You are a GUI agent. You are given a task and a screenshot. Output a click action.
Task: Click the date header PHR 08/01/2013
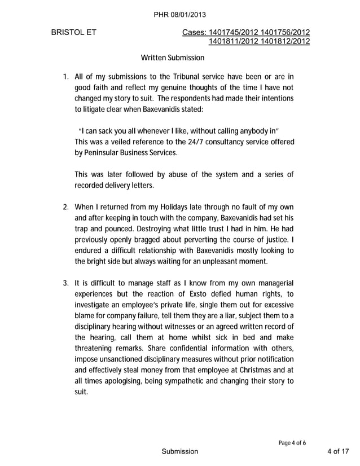[179, 14]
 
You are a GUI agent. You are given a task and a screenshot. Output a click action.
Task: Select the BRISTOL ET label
[73, 32]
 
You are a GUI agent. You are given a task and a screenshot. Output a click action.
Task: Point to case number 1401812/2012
[285, 41]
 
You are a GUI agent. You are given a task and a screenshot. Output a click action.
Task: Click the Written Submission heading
[172, 58]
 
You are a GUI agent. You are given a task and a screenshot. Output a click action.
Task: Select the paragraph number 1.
[65, 76]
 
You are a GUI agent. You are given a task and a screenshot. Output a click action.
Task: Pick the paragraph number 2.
[65, 206]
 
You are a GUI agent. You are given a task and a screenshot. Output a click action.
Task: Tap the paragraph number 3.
[65, 283]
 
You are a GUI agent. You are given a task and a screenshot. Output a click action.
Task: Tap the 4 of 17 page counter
[338, 451]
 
